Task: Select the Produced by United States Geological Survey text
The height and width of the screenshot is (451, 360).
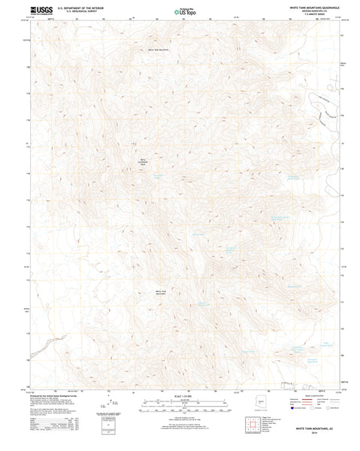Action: (x=53, y=398)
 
